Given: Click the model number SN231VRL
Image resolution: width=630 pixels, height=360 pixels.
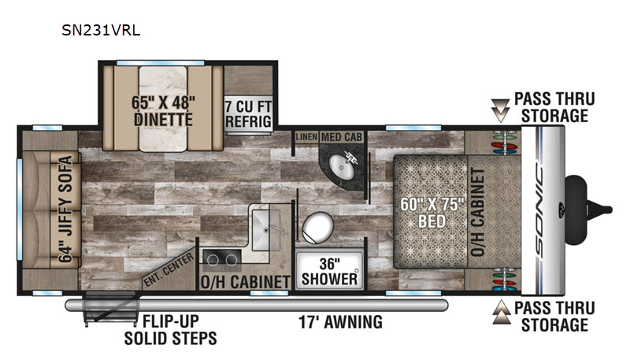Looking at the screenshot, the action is (x=101, y=31).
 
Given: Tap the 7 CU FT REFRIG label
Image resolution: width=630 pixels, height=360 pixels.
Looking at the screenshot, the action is (x=248, y=114).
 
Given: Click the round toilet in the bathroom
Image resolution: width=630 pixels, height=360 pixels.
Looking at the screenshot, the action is (x=318, y=228).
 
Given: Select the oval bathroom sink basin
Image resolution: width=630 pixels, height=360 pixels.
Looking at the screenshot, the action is (x=342, y=167).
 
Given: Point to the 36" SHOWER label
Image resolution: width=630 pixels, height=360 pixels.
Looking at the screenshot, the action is (x=329, y=272).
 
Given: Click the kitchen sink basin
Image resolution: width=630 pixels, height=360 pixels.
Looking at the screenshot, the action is (x=266, y=230).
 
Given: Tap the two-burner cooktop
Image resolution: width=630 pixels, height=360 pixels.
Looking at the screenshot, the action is (x=222, y=260).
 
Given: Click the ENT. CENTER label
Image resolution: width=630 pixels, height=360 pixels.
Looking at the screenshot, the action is (x=169, y=270).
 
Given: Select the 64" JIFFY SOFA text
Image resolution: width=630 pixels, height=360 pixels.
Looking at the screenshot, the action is (x=65, y=209).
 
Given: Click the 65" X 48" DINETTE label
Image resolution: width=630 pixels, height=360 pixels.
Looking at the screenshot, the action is (x=163, y=111).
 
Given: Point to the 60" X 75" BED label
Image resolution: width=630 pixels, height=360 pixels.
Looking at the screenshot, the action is (x=432, y=213).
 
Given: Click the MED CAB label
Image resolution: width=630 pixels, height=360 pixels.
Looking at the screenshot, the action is (x=342, y=137).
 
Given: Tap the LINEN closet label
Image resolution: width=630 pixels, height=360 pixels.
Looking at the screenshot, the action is (x=306, y=137).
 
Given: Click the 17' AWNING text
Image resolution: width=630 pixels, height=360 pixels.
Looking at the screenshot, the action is (x=340, y=322).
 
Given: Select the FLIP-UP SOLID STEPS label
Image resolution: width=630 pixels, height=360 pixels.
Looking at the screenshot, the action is (x=171, y=330).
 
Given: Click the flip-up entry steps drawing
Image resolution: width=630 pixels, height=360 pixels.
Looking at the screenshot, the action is (x=109, y=309).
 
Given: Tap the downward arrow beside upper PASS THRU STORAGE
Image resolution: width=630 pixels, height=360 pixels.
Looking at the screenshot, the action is (x=501, y=110).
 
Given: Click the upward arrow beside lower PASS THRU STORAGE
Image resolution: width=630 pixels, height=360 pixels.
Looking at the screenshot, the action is (x=501, y=312).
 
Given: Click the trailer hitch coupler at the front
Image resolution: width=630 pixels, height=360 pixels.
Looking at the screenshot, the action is (x=590, y=210).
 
